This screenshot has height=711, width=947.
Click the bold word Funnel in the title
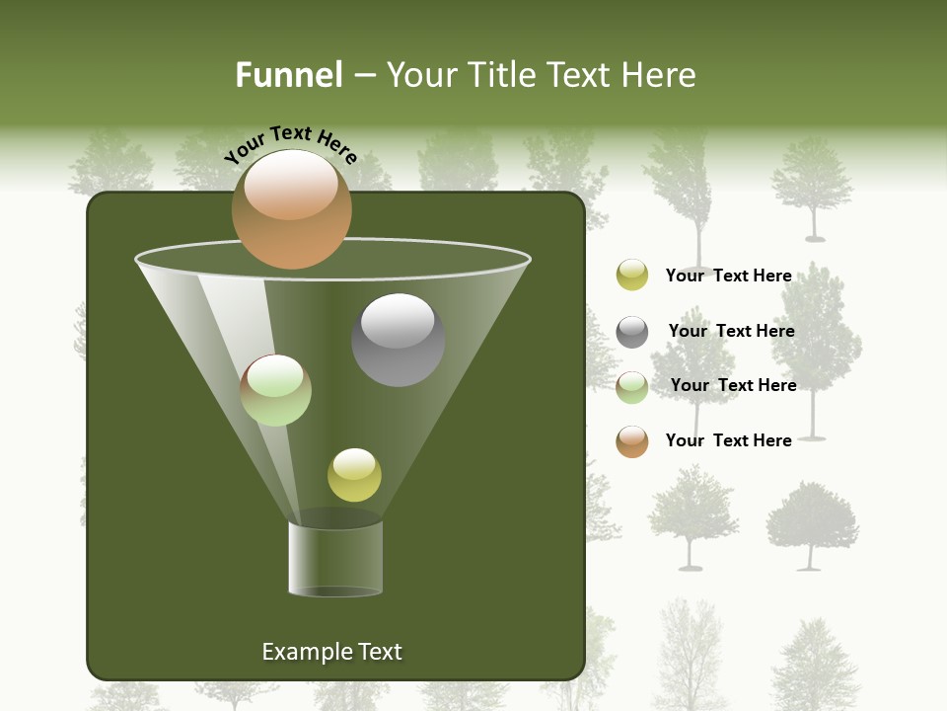(x=288, y=75)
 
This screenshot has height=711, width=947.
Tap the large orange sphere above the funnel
(x=291, y=209)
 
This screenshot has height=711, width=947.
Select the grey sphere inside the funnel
(x=398, y=340)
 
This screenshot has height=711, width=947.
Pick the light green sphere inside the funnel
(x=276, y=390)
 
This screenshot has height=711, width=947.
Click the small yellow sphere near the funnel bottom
(x=354, y=475)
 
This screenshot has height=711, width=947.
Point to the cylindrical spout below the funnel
(x=335, y=558)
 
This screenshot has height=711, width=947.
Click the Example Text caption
(x=331, y=652)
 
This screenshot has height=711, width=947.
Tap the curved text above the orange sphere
(x=290, y=143)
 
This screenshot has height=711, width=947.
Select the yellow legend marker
(x=632, y=276)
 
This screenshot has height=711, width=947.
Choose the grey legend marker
(x=632, y=332)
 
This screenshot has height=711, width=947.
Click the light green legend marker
(x=632, y=387)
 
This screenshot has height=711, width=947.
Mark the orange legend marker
(x=632, y=441)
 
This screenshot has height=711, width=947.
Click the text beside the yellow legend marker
(x=728, y=276)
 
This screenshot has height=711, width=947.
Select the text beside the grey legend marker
(x=731, y=331)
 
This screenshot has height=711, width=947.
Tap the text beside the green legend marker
(x=733, y=385)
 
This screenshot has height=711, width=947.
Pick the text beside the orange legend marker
(x=728, y=440)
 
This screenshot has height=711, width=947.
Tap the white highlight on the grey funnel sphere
(x=398, y=320)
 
